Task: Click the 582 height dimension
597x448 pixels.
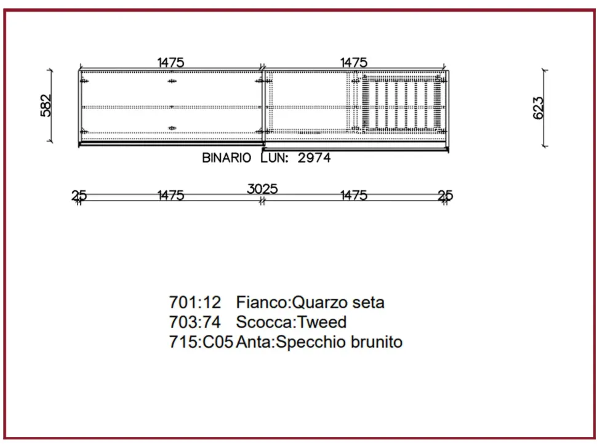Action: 46,105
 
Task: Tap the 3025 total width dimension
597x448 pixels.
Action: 262,189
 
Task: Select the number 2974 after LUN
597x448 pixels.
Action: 314,158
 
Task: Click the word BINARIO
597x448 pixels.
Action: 226,158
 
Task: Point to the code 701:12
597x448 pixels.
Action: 194,303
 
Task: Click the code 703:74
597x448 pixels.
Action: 194,322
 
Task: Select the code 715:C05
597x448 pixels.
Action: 201,342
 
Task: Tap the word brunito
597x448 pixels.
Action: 377,342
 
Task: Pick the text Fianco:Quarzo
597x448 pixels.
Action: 284,303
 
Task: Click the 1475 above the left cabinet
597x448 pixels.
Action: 170,62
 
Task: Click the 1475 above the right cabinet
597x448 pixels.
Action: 354,62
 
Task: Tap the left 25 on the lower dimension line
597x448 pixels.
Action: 79,196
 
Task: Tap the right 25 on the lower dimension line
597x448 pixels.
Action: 445,196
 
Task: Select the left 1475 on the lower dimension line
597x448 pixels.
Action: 170,196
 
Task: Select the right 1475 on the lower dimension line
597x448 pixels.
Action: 354,196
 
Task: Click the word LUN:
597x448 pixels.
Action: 274,158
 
